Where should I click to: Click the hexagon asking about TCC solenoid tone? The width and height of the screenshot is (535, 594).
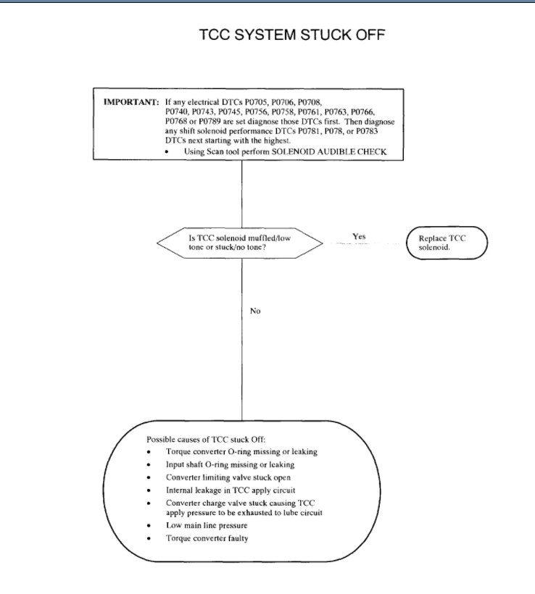pyautogui.click(x=240, y=241)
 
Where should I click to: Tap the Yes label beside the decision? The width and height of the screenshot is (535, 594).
pyautogui.click(x=360, y=236)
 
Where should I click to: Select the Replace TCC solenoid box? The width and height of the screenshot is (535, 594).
pyautogui.click(x=447, y=241)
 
